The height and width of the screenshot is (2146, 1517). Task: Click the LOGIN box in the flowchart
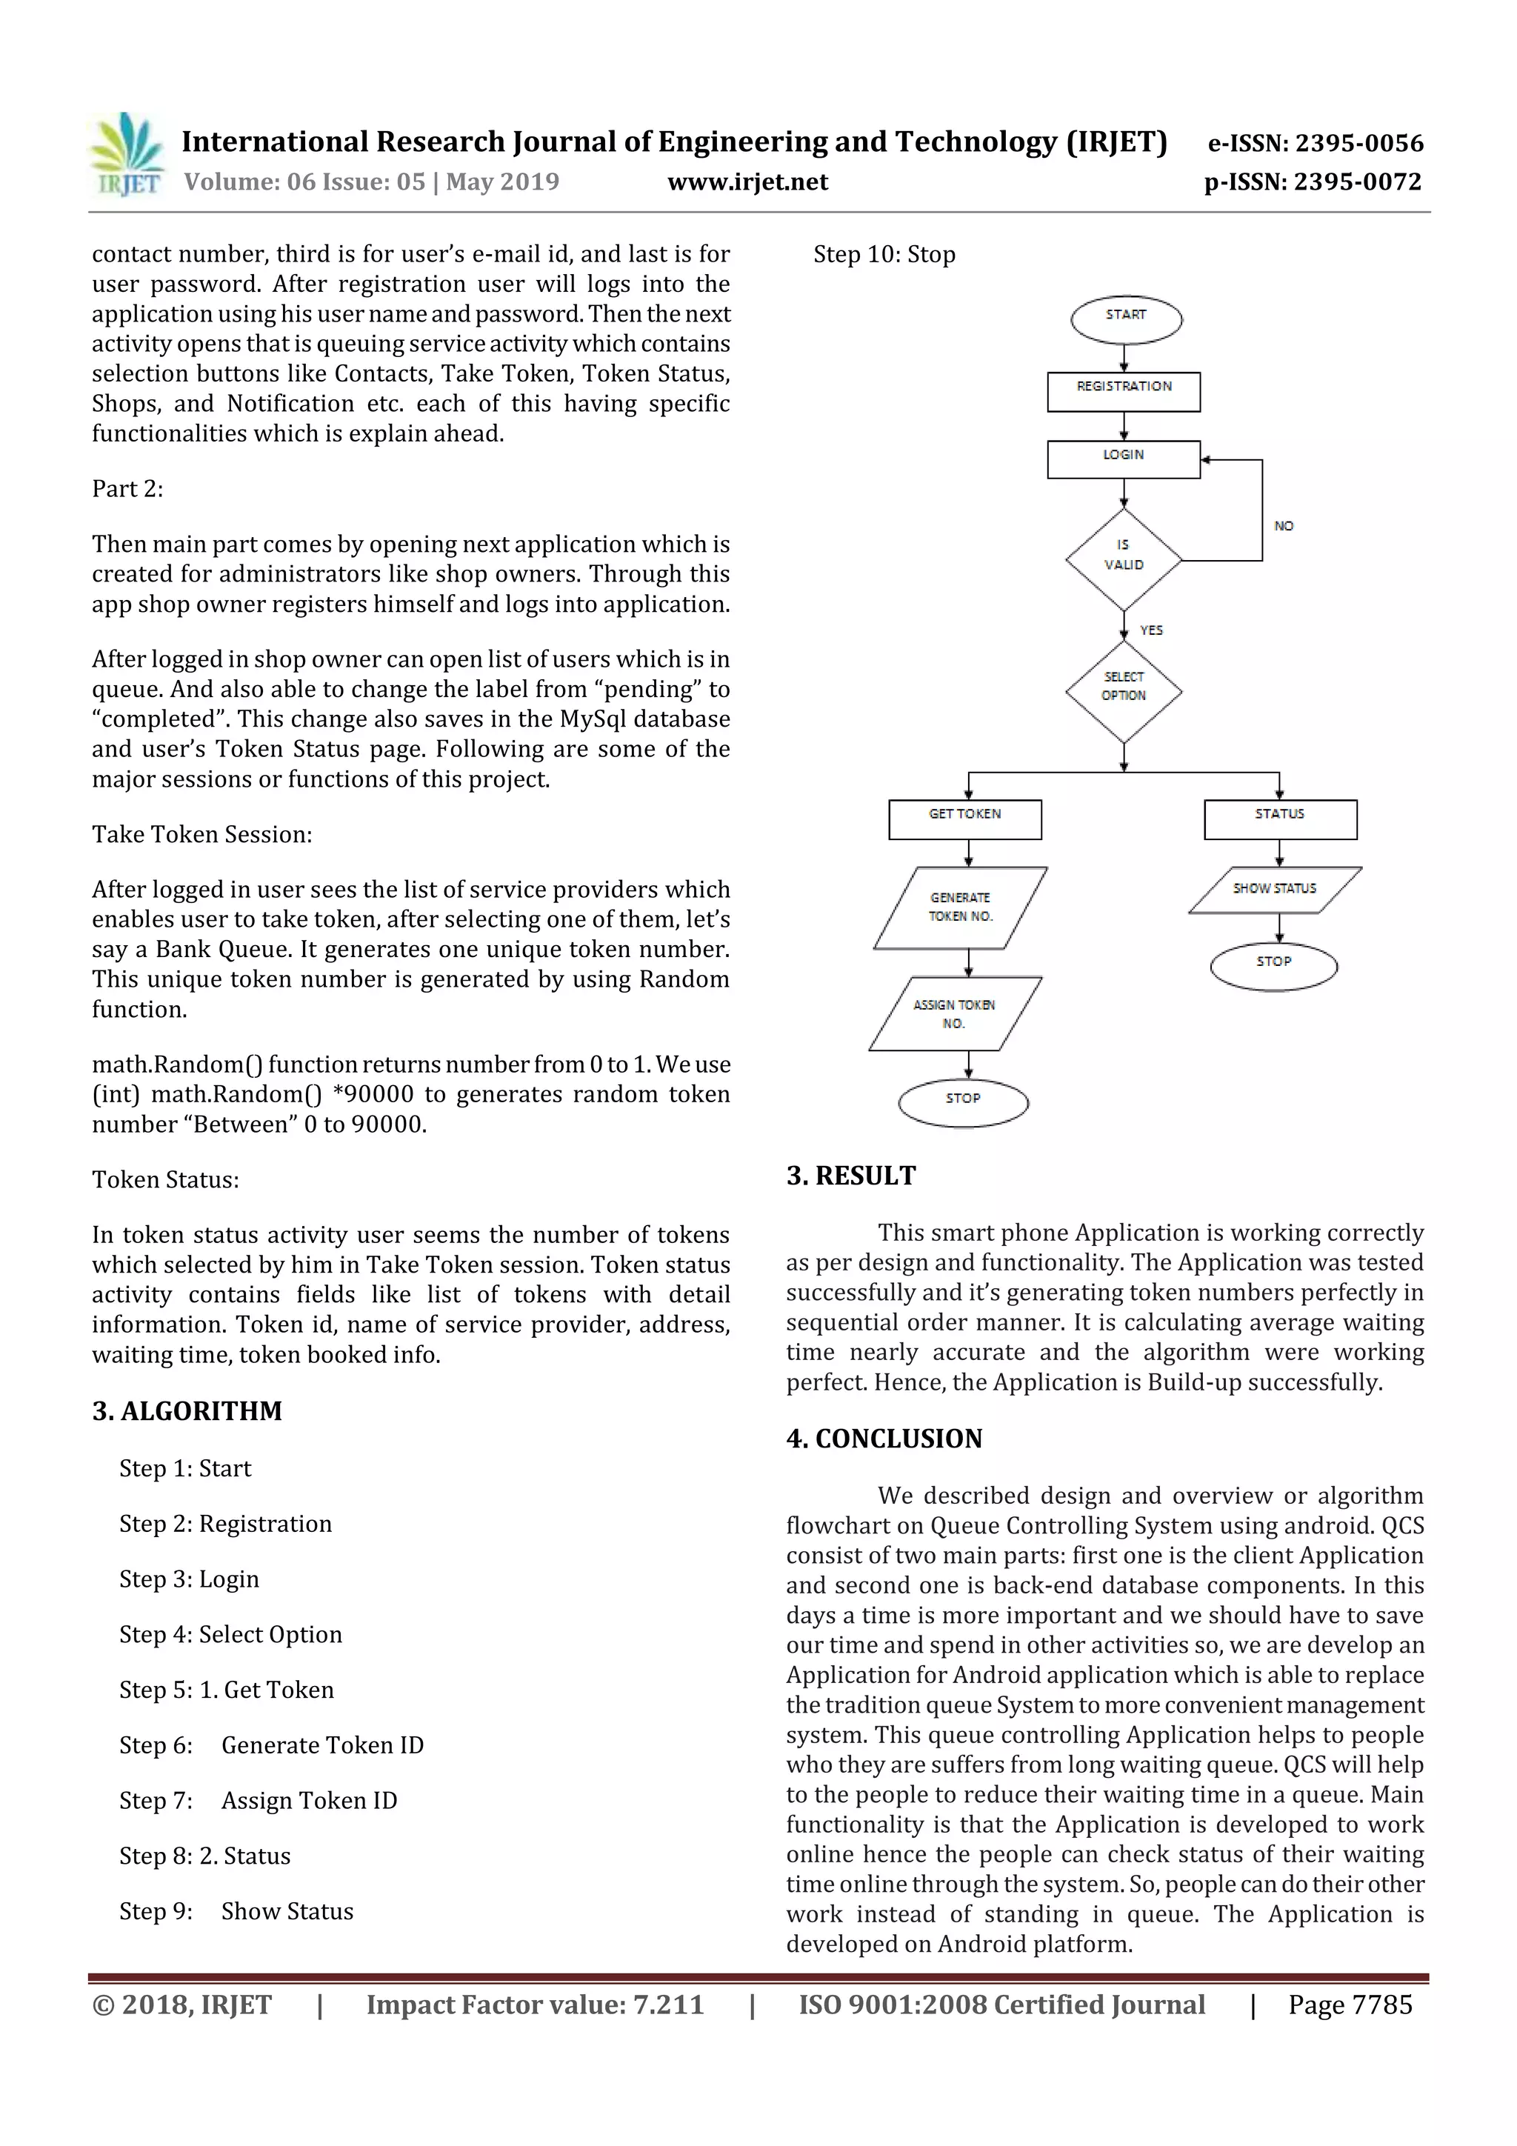click(1124, 460)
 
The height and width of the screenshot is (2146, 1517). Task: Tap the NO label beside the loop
click(1284, 526)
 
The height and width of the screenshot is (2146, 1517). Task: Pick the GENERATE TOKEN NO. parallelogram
click(960, 907)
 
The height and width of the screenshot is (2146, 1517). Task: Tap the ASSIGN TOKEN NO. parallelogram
click(954, 1014)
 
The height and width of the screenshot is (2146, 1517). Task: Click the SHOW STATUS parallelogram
click(1274, 890)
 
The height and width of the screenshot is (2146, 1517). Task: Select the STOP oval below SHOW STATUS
click(1273, 967)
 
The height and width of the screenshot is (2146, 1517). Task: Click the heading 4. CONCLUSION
click(884, 1439)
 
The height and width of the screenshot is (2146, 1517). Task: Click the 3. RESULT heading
click(850, 1176)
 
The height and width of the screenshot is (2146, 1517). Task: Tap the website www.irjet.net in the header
click(747, 182)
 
